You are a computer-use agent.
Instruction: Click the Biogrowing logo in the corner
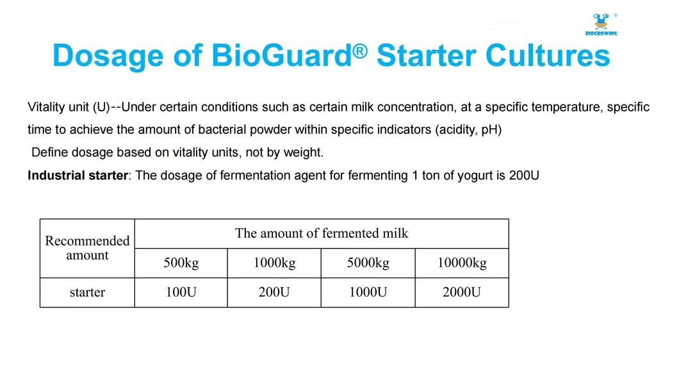600,24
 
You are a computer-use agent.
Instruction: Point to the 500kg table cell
181,263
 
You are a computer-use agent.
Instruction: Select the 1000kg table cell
274,263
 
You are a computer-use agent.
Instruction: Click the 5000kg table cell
368,263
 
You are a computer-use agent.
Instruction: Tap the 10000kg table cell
462,263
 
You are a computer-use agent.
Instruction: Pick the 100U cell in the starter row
181,292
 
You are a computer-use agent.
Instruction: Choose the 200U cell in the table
274,292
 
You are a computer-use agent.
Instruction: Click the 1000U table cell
368,292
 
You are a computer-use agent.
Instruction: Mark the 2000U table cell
462,292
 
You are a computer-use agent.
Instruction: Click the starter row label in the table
87,292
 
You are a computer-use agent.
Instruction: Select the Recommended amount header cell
87,248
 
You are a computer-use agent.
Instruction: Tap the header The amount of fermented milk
322,233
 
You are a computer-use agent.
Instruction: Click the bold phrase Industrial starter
78,175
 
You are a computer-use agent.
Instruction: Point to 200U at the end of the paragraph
523,175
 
